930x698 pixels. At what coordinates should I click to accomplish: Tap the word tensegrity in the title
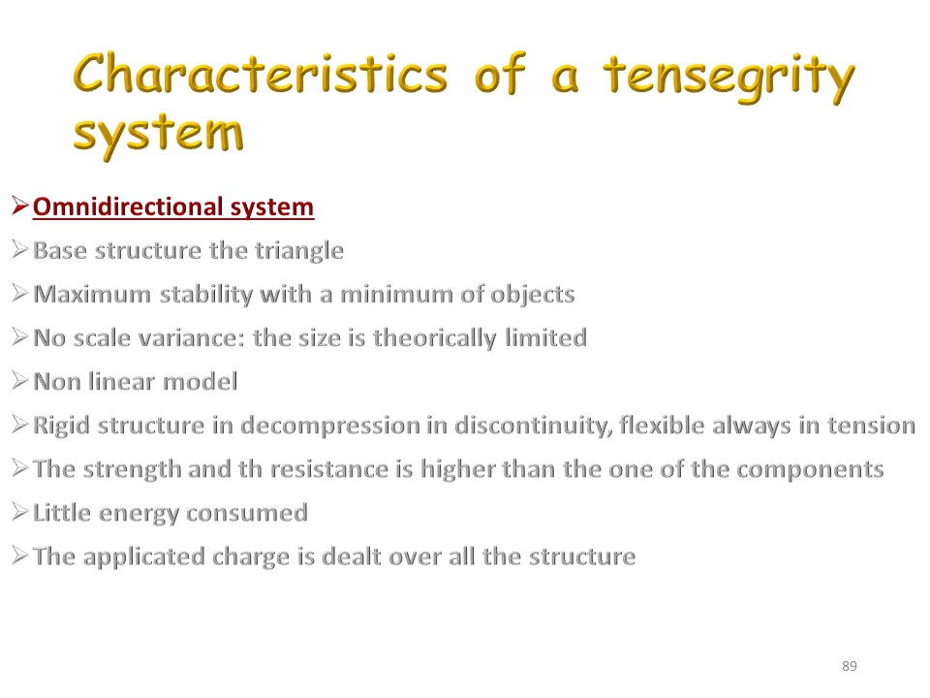pyautogui.click(x=729, y=79)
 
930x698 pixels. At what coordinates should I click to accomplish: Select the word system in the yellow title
pyautogui.click(x=158, y=136)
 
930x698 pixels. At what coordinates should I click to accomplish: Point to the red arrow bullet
pyautogui.click(x=19, y=206)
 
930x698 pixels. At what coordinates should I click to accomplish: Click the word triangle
pyautogui.click(x=299, y=251)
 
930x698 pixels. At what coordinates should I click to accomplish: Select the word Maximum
pyautogui.click(x=93, y=295)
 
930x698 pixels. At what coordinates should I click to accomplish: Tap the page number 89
pyautogui.click(x=850, y=666)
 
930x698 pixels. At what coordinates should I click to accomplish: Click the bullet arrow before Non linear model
pyautogui.click(x=19, y=380)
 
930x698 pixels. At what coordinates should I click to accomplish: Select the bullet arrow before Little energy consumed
pyautogui.click(x=19, y=512)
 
